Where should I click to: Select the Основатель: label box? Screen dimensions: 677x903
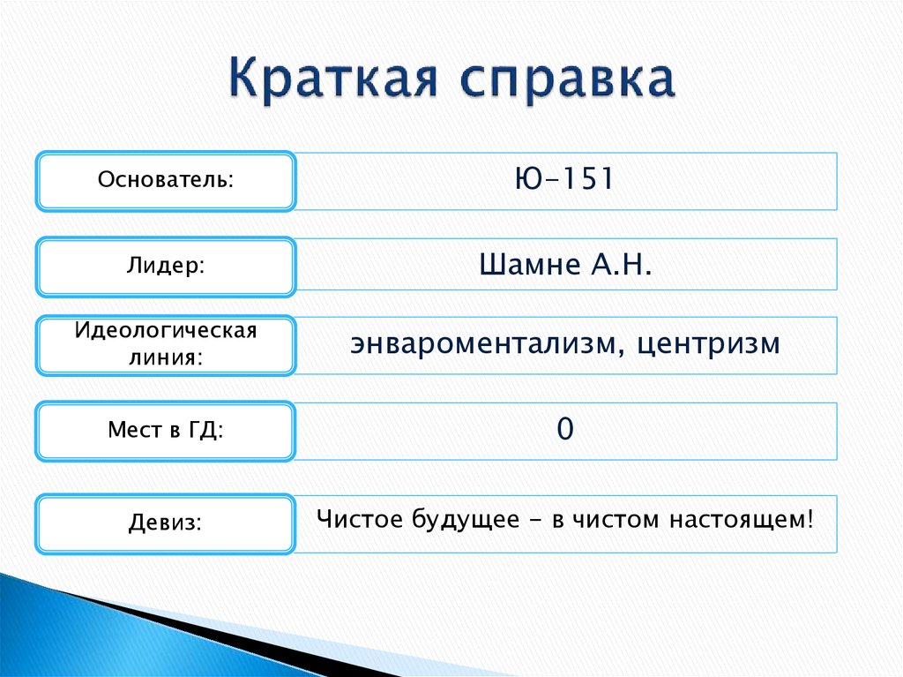coord(166,181)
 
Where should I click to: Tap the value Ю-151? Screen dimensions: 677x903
coord(564,179)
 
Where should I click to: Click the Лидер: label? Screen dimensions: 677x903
coord(166,266)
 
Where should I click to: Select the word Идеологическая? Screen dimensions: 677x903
coord(166,333)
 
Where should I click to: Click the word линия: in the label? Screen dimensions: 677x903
coord(166,358)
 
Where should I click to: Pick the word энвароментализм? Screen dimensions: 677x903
coord(481,343)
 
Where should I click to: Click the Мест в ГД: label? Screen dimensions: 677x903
coord(166,431)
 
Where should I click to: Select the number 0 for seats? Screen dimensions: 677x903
coord(565,430)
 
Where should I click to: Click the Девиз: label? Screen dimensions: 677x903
coord(166,523)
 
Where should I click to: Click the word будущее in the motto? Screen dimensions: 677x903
coord(464,520)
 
